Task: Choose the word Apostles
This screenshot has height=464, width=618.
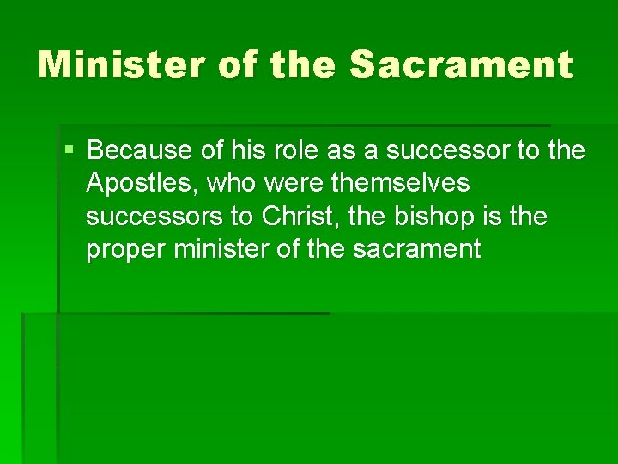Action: pos(133,184)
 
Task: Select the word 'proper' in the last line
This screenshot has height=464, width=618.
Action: pos(128,250)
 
